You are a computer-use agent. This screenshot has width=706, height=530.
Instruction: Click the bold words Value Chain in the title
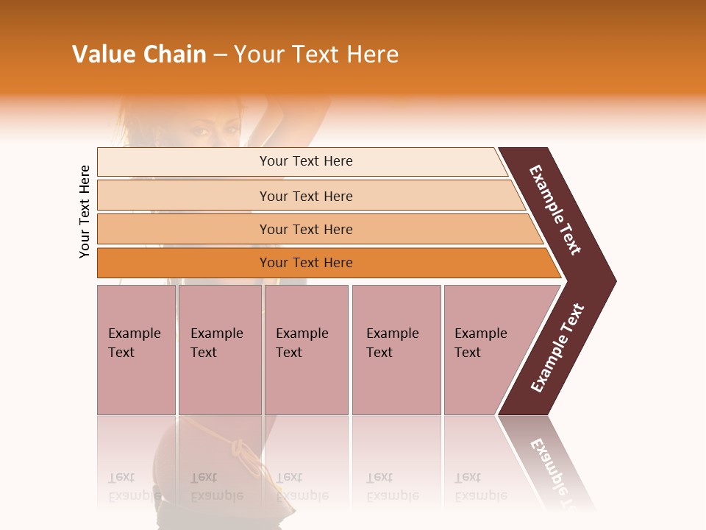pos(139,54)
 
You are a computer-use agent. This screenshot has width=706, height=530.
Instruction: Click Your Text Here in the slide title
pos(316,54)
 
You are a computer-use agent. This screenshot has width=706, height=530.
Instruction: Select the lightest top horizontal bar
pos(306,161)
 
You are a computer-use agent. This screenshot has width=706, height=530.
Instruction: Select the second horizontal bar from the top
pos(306,196)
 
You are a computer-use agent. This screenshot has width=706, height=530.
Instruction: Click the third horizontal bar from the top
pos(306,229)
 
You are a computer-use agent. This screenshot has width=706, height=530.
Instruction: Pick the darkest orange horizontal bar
pos(306,263)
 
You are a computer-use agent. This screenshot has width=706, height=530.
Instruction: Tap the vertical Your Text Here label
pos(85,211)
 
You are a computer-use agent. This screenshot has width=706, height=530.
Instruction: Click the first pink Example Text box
pos(136,350)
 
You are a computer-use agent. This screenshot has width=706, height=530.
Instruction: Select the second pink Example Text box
pos(219,350)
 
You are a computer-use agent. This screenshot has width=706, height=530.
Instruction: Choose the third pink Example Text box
pos(305,350)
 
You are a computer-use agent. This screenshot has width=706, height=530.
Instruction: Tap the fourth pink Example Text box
pos(396,350)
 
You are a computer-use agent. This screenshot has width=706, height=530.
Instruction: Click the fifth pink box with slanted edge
pos(485,350)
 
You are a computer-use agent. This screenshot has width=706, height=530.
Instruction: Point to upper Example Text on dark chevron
pos(555,210)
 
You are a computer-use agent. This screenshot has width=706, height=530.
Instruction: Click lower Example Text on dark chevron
pos(557,348)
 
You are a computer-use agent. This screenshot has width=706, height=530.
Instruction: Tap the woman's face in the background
pos(213,132)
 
